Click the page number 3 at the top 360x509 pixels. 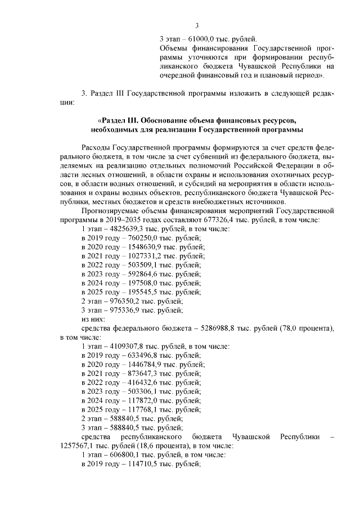point(197,25)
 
